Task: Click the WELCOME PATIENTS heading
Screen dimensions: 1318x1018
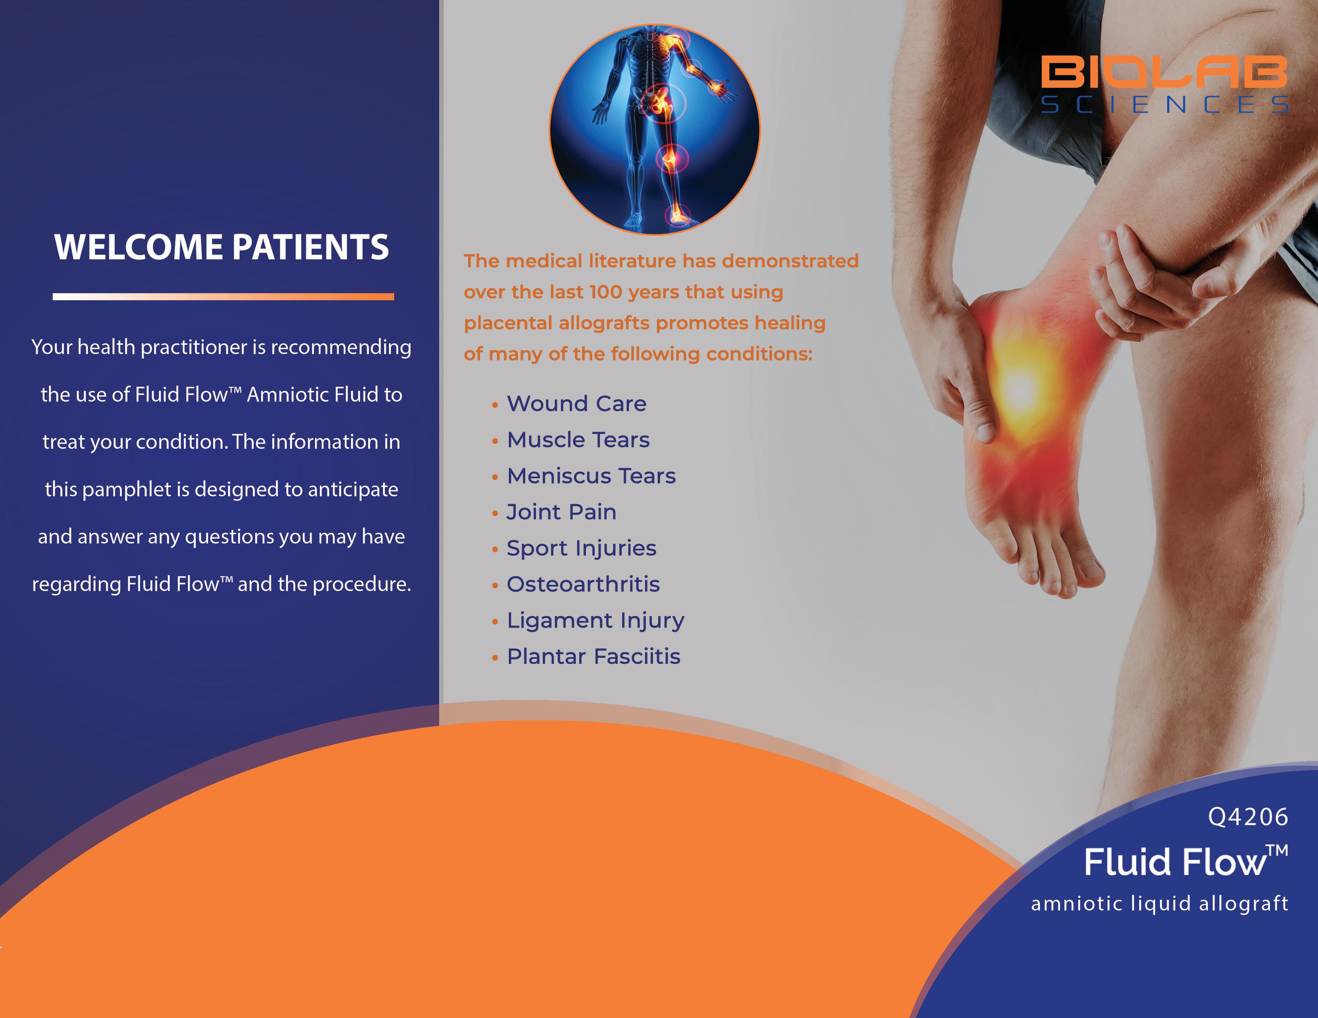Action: [222, 247]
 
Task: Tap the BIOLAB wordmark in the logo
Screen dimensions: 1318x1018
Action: [1164, 71]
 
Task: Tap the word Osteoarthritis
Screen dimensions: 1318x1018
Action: [583, 584]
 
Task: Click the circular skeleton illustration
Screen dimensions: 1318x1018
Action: [654, 130]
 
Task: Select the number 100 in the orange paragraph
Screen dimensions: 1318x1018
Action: [605, 292]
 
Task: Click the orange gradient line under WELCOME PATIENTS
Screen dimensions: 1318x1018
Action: [223, 296]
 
